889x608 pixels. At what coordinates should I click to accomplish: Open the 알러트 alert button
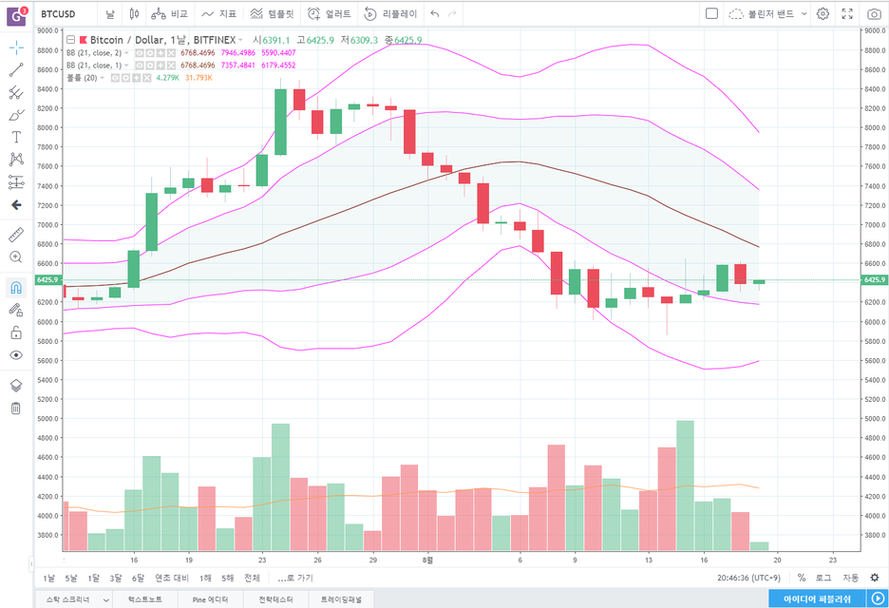click(x=330, y=14)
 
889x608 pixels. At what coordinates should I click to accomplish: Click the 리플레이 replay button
click(x=390, y=14)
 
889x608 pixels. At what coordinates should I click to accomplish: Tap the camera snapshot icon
click(x=874, y=14)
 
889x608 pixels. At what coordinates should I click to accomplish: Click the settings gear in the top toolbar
click(x=823, y=14)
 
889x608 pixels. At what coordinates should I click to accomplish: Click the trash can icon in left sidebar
click(x=16, y=408)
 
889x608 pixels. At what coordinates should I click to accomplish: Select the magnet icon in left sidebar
click(x=16, y=286)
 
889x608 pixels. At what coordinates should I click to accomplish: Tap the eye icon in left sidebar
click(x=16, y=355)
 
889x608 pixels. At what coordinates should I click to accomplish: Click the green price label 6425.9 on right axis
click(x=874, y=280)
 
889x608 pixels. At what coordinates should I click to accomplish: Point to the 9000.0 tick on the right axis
click(x=874, y=30)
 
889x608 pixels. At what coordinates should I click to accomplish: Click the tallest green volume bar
click(x=685, y=484)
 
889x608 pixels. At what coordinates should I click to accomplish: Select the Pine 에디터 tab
click(x=210, y=599)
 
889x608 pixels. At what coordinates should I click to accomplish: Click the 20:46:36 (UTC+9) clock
click(x=747, y=578)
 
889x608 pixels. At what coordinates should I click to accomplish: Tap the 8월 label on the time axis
click(x=428, y=560)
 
